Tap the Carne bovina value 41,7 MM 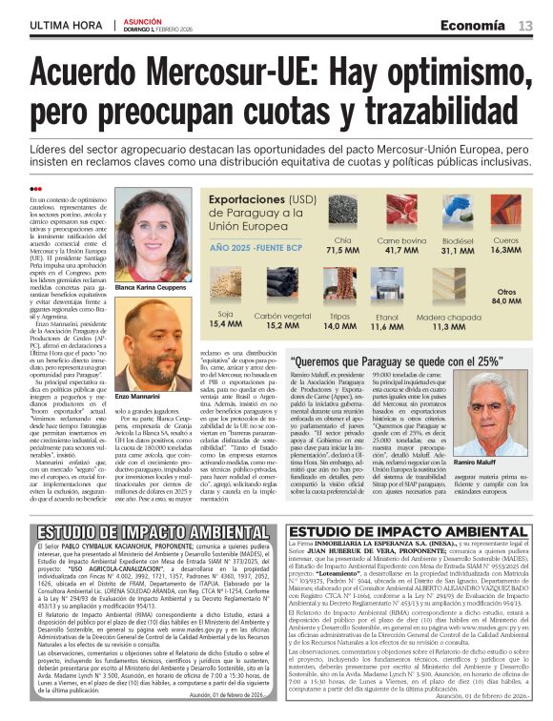click(402, 251)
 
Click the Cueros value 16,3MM click(507, 251)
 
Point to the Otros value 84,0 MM click(505, 301)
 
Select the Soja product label click(226, 313)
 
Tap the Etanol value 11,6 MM click(387, 326)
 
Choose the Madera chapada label click(447, 317)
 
